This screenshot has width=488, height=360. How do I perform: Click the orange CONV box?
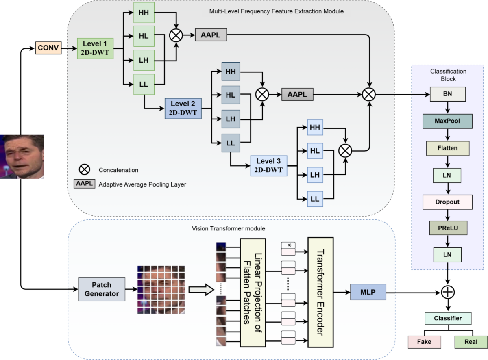pos(48,49)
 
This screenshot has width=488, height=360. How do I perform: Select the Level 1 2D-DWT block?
pos(95,48)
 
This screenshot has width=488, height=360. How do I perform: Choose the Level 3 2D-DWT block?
pos(268,165)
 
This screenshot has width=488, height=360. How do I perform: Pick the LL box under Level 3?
pos(315,199)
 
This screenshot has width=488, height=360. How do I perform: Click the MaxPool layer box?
pos(447,121)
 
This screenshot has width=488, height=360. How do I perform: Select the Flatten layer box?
pos(447,148)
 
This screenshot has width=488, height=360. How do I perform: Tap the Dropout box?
pos(447,202)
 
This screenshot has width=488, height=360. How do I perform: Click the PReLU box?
pos(447,228)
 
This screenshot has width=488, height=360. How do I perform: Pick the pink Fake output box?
pos(424,342)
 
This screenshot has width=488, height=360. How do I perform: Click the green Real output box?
pos(471,342)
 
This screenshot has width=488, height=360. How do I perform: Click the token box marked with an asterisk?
pos(288,245)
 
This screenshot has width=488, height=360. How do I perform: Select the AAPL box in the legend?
pos(84,184)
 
